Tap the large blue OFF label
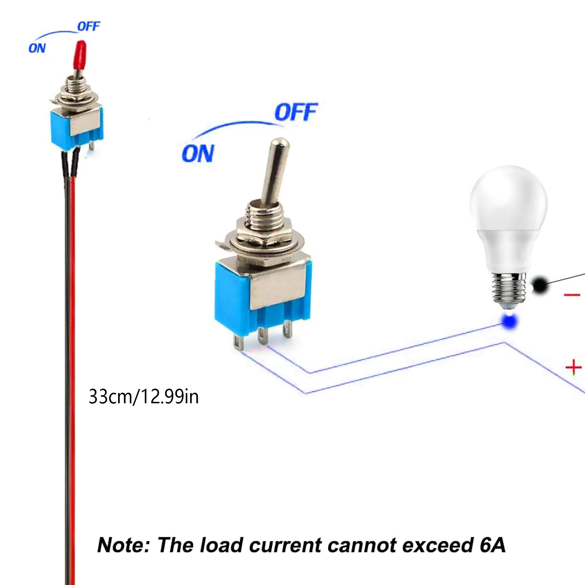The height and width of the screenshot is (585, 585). [295, 112]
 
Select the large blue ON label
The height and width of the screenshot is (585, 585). [198, 154]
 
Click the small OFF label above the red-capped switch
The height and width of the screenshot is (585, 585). [88, 27]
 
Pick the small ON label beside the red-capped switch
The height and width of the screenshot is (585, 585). [37, 48]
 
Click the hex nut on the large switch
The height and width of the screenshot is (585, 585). [263, 232]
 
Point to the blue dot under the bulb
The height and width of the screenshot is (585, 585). [509, 321]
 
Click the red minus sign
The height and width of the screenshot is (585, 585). [572, 295]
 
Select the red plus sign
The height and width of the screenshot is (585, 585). [573, 367]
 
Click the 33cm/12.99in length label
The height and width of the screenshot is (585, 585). [143, 397]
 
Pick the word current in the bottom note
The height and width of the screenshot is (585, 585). [285, 545]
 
